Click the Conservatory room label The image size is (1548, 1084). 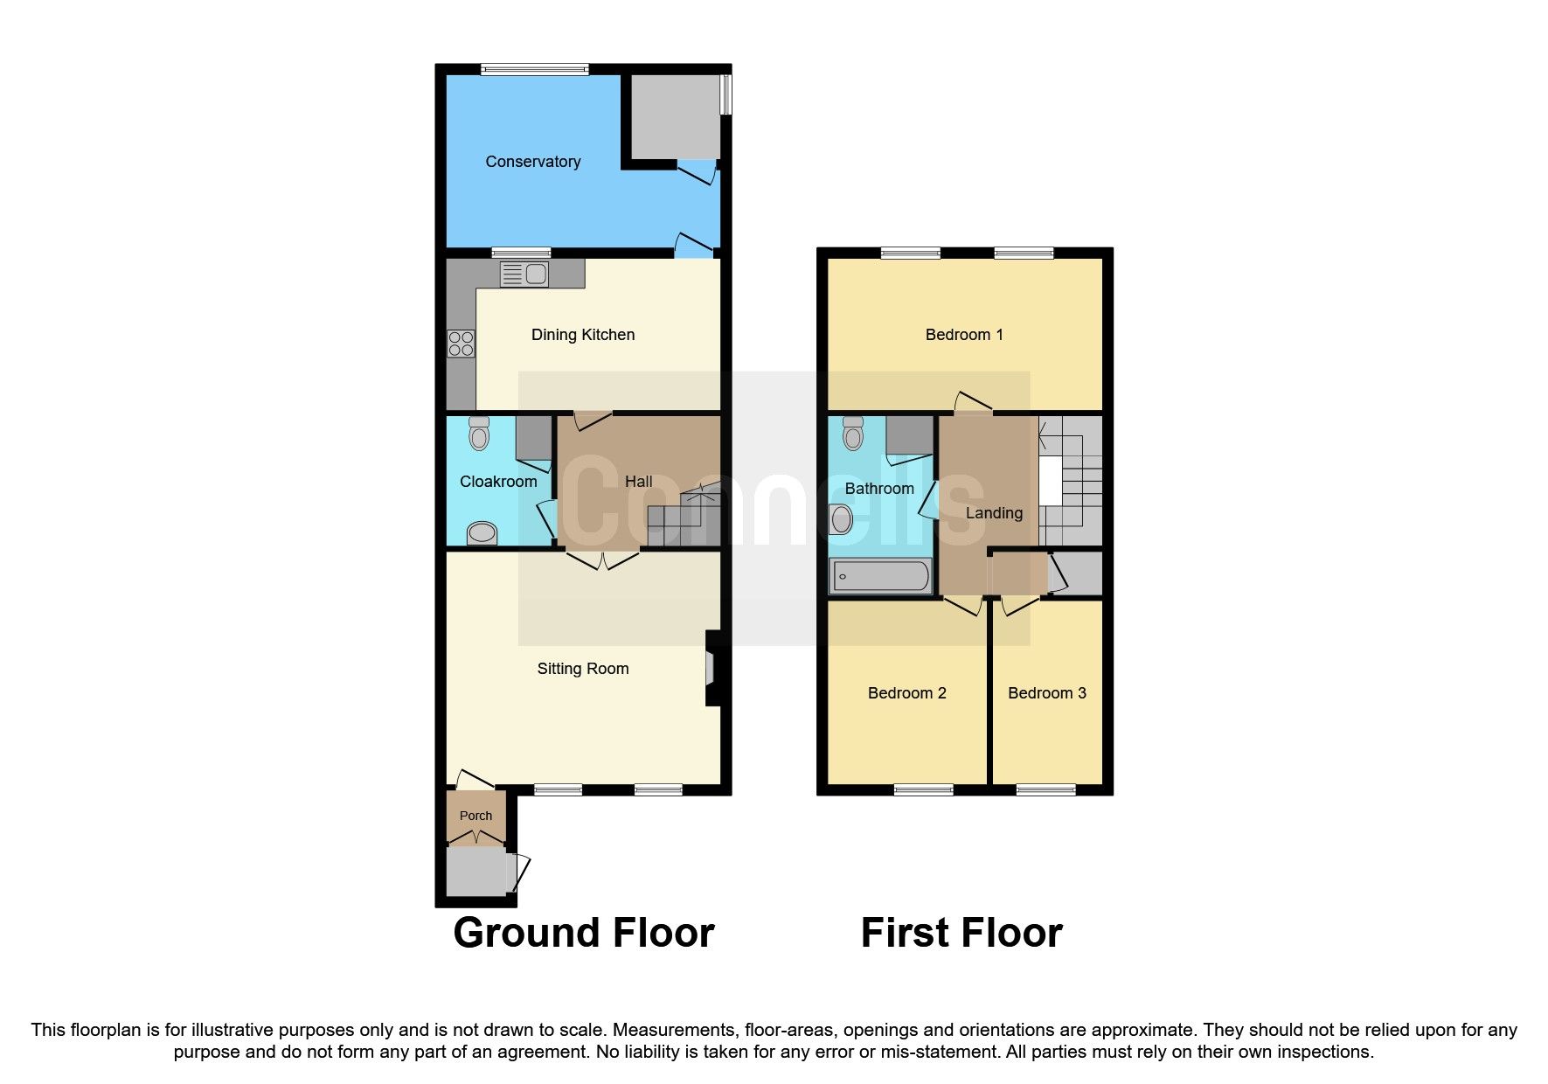click(532, 162)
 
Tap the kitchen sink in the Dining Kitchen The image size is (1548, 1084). click(524, 274)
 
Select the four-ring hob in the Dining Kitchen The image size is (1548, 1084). click(461, 344)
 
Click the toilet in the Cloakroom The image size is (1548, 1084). click(479, 433)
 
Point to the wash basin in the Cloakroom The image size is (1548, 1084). click(482, 532)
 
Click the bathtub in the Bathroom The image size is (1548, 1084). click(881, 576)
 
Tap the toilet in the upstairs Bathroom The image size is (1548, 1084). click(853, 433)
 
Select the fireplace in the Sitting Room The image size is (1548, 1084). click(712, 669)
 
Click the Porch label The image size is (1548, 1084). click(476, 816)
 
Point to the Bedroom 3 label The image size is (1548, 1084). click(1046, 693)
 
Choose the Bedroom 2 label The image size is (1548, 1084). click(906, 693)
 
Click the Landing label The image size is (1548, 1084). click(994, 513)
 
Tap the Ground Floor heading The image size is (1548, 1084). click(583, 933)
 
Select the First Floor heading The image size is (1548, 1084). click(961, 933)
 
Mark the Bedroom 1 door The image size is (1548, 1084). click(972, 403)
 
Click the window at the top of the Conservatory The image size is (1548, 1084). click(534, 69)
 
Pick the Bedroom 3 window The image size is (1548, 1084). click(1045, 790)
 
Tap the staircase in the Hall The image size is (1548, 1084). click(686, 520)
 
